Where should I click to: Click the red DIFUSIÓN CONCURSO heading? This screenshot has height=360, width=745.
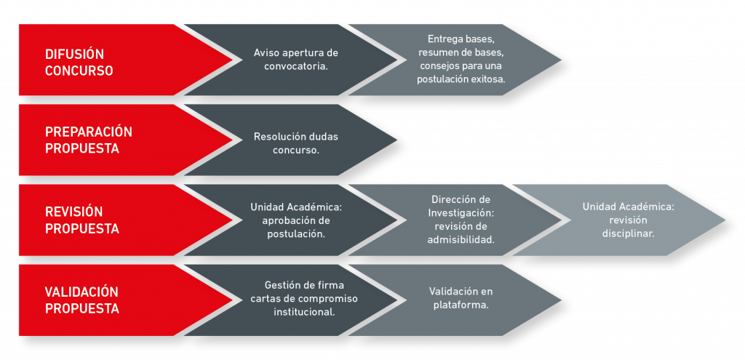(79, 63)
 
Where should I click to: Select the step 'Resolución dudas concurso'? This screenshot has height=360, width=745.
(296, 143)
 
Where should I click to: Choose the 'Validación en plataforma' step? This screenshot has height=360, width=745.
(461, 298)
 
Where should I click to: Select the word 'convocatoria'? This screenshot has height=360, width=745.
(296, 66)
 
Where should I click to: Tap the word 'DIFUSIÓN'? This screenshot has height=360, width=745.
(75, 54)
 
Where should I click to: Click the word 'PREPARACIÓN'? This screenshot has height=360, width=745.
(89, 132)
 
